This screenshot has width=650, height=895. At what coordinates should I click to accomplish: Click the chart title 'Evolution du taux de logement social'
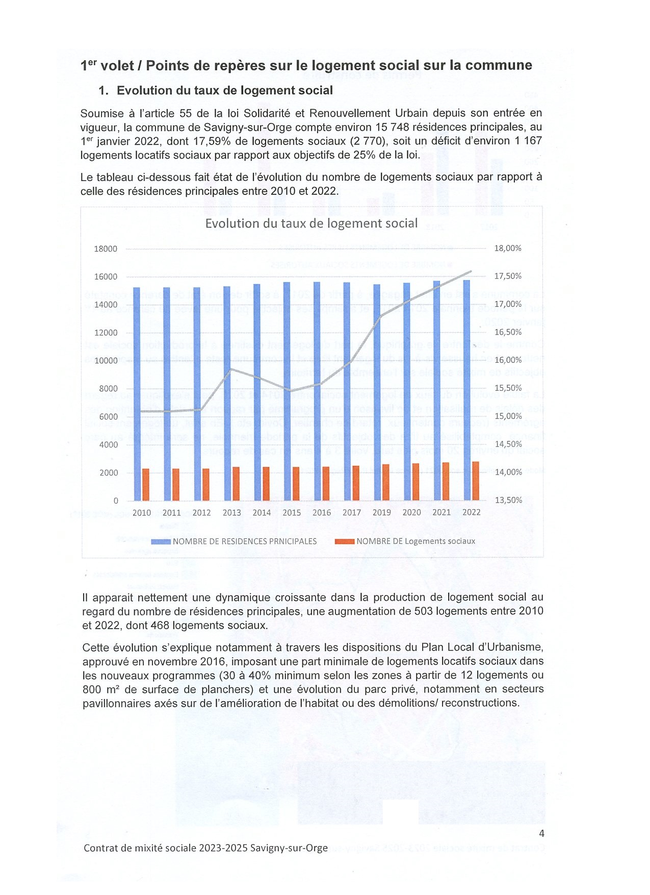pos(311,223)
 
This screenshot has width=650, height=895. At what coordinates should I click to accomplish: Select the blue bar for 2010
pos(137,393)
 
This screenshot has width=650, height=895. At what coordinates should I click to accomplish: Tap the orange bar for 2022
pos(476,481)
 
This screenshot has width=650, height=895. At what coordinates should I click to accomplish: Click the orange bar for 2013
pos(236,483)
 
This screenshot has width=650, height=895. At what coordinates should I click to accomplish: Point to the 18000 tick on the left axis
pos(106,249)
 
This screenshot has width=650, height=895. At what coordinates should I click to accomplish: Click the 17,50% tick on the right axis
pos(508,276)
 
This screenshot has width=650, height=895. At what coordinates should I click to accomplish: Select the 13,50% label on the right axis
pos(508,500)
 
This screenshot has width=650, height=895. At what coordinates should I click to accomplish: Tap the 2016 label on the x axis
pos(322,512)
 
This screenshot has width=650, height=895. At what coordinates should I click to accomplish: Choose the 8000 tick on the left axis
pos(108,389)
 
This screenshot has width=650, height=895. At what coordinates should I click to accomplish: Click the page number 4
pos(541,833)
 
